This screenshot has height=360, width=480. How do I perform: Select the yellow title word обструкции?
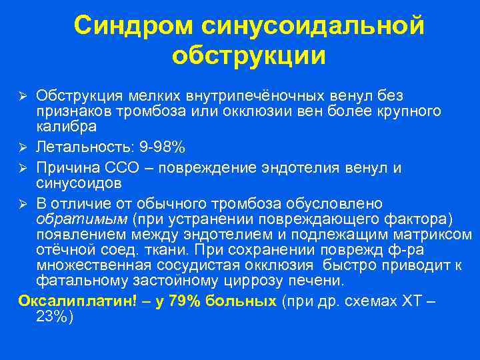tap(249, 56)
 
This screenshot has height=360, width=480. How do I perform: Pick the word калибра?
tap(66, 126)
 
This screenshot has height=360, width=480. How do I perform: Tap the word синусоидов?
tap(79, 182)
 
